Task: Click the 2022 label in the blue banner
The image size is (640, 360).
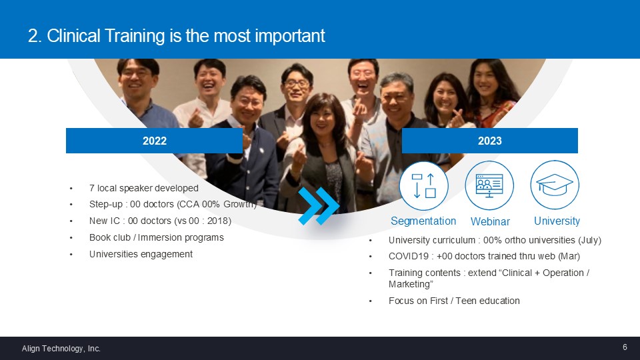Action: [154, 141]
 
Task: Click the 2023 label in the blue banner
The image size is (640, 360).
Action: [490, 141]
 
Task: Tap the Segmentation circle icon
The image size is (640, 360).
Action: [424, 186]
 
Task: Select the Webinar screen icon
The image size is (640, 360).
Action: [489, 185]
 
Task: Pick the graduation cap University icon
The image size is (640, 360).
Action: [555, 185]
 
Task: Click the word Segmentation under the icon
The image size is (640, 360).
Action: [423, 221]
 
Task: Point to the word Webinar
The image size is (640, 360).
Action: [490, 221]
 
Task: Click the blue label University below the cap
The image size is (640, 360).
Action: [557, 221]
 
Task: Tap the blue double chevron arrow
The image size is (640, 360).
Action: [319, 206]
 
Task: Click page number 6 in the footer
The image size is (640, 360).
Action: [625, 347]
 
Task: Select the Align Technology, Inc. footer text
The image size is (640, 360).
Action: [61, 349]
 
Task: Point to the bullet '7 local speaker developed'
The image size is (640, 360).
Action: [144, 188]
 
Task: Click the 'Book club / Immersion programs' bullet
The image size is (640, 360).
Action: [156, 237]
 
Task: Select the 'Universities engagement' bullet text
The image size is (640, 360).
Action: [141, 254]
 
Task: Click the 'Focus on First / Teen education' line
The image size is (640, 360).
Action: [454, 301]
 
